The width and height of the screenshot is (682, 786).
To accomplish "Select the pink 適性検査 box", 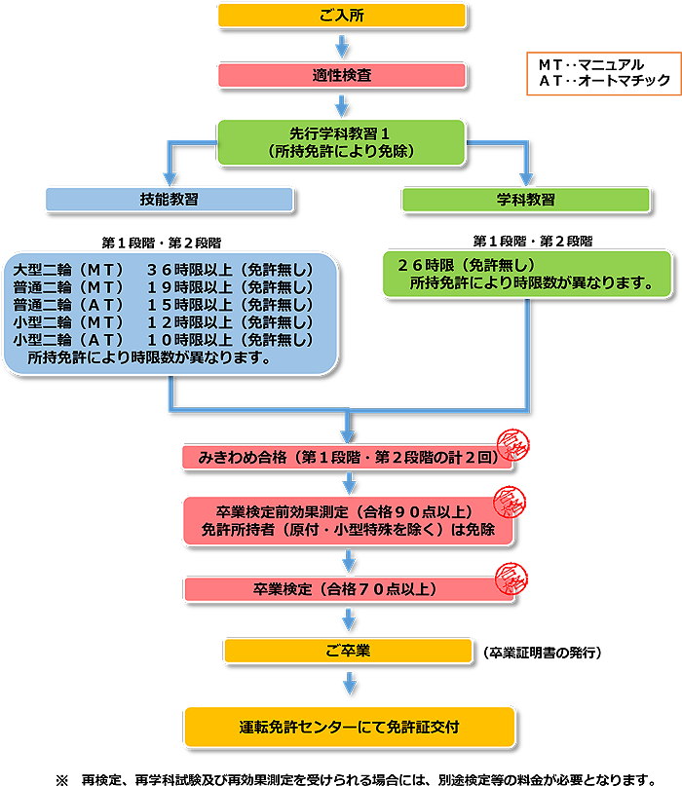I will pos(341,75).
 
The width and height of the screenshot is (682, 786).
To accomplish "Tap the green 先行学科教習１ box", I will pos(341,142).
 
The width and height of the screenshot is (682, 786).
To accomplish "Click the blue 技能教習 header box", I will pos(170,199).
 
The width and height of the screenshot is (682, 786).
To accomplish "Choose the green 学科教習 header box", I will pos(526,199).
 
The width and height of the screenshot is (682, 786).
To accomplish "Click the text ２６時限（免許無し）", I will pos(466,265).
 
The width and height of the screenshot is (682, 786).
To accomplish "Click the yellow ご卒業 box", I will pos(348,650).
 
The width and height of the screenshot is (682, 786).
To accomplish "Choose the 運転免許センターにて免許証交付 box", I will pos(348,727).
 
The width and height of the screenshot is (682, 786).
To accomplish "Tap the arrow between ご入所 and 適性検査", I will pos(341,45).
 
